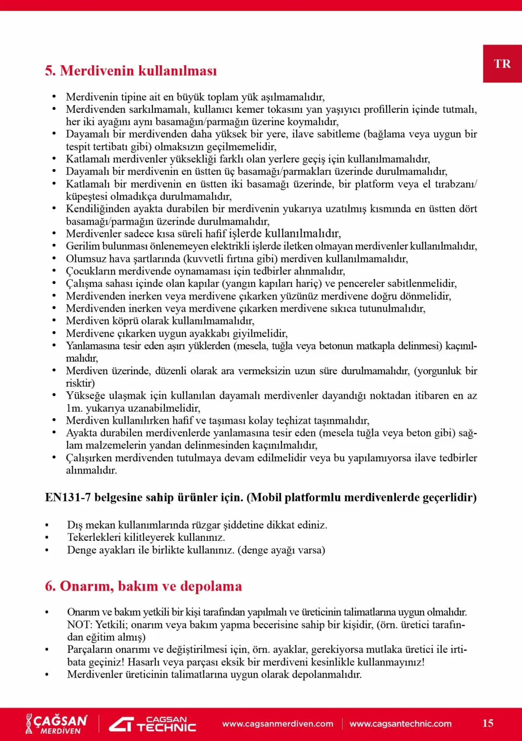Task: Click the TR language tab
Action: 502,64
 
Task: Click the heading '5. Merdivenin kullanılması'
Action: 131,71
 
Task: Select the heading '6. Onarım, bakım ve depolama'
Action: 143,586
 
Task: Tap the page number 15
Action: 488,723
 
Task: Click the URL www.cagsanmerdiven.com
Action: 278,724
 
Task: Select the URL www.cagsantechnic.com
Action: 400,724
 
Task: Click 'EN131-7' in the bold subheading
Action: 68,497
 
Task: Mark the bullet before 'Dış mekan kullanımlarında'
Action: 47,525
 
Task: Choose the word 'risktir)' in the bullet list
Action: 80,383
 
